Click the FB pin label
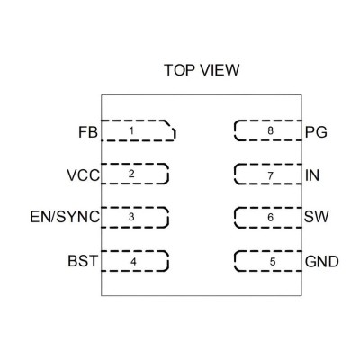coord(88,132)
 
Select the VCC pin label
coord(83,175)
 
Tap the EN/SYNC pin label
coord(65,217)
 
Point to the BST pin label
coord(83,261)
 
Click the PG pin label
coord(316,132)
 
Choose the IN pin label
coord(312,175)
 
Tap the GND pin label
coord(322,261)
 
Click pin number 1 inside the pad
coord(131,130)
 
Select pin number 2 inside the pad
coord(131,174)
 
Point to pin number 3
coord(131,217)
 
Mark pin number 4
coord(133,262)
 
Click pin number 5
coord(273,262)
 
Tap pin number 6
coord(270,217)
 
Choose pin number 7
coord(270,175)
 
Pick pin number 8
coord(270,130)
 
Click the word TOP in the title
coord(180,70)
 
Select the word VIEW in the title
coord(220,70)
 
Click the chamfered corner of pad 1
coord(170,126)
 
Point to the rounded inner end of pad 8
coord(235,130)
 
